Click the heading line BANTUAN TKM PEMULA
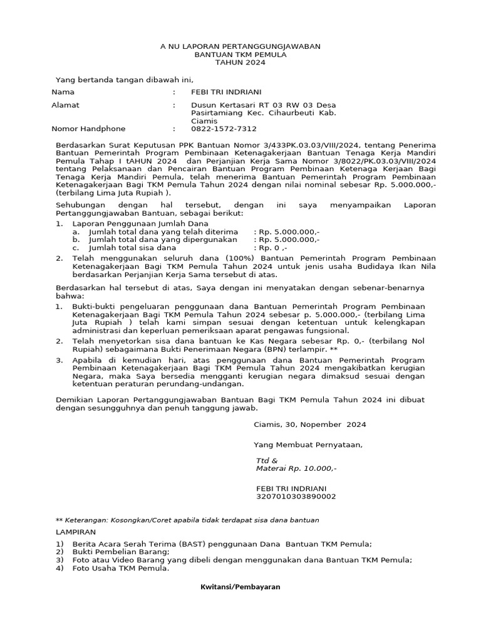pos(240,55)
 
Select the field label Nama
pos(62,92)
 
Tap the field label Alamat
pos(65,105)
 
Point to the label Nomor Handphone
pos(88,129)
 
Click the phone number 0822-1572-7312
pos(224,129)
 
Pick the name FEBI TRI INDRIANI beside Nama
pos(226,92)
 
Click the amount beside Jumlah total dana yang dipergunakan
pos(287,239)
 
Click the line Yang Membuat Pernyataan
pos(308,445)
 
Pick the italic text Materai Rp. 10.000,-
pos(296,468)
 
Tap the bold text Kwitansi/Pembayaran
pos(240,587)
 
